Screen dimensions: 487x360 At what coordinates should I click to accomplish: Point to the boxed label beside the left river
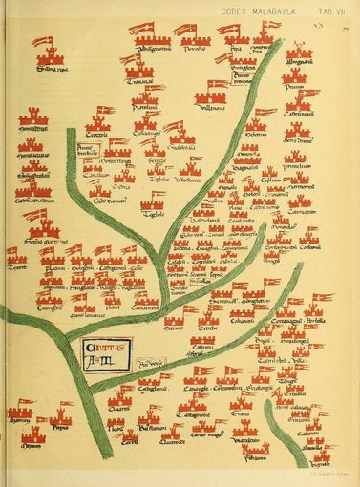90,152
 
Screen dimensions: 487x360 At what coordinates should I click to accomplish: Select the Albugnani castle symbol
299,50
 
